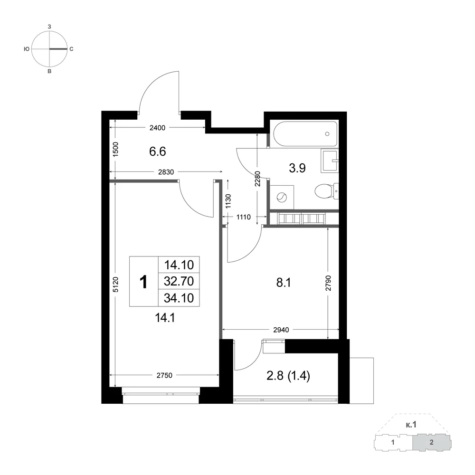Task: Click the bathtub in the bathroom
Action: (305, 134)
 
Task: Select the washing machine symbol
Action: (282, 198)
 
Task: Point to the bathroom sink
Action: (330, 160)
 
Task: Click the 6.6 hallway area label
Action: (158, 151)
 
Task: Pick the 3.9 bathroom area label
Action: (297, 168)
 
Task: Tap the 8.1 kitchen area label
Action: (284, 283)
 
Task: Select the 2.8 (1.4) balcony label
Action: (288, 376)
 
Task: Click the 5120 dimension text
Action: (115, 285)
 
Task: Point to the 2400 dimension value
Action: (158, 128)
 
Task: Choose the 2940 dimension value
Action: (281, 330)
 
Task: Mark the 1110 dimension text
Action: (244, 217)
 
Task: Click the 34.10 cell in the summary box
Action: (179, 298)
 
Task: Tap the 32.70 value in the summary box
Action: (179, 281)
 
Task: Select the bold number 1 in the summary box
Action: (143, 282)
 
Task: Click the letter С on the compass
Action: (72, 49)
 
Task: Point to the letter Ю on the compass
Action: (27, 49)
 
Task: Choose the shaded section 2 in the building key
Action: (432, 443)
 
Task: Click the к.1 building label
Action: (411, 425)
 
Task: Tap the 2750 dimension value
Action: (164, 375)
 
